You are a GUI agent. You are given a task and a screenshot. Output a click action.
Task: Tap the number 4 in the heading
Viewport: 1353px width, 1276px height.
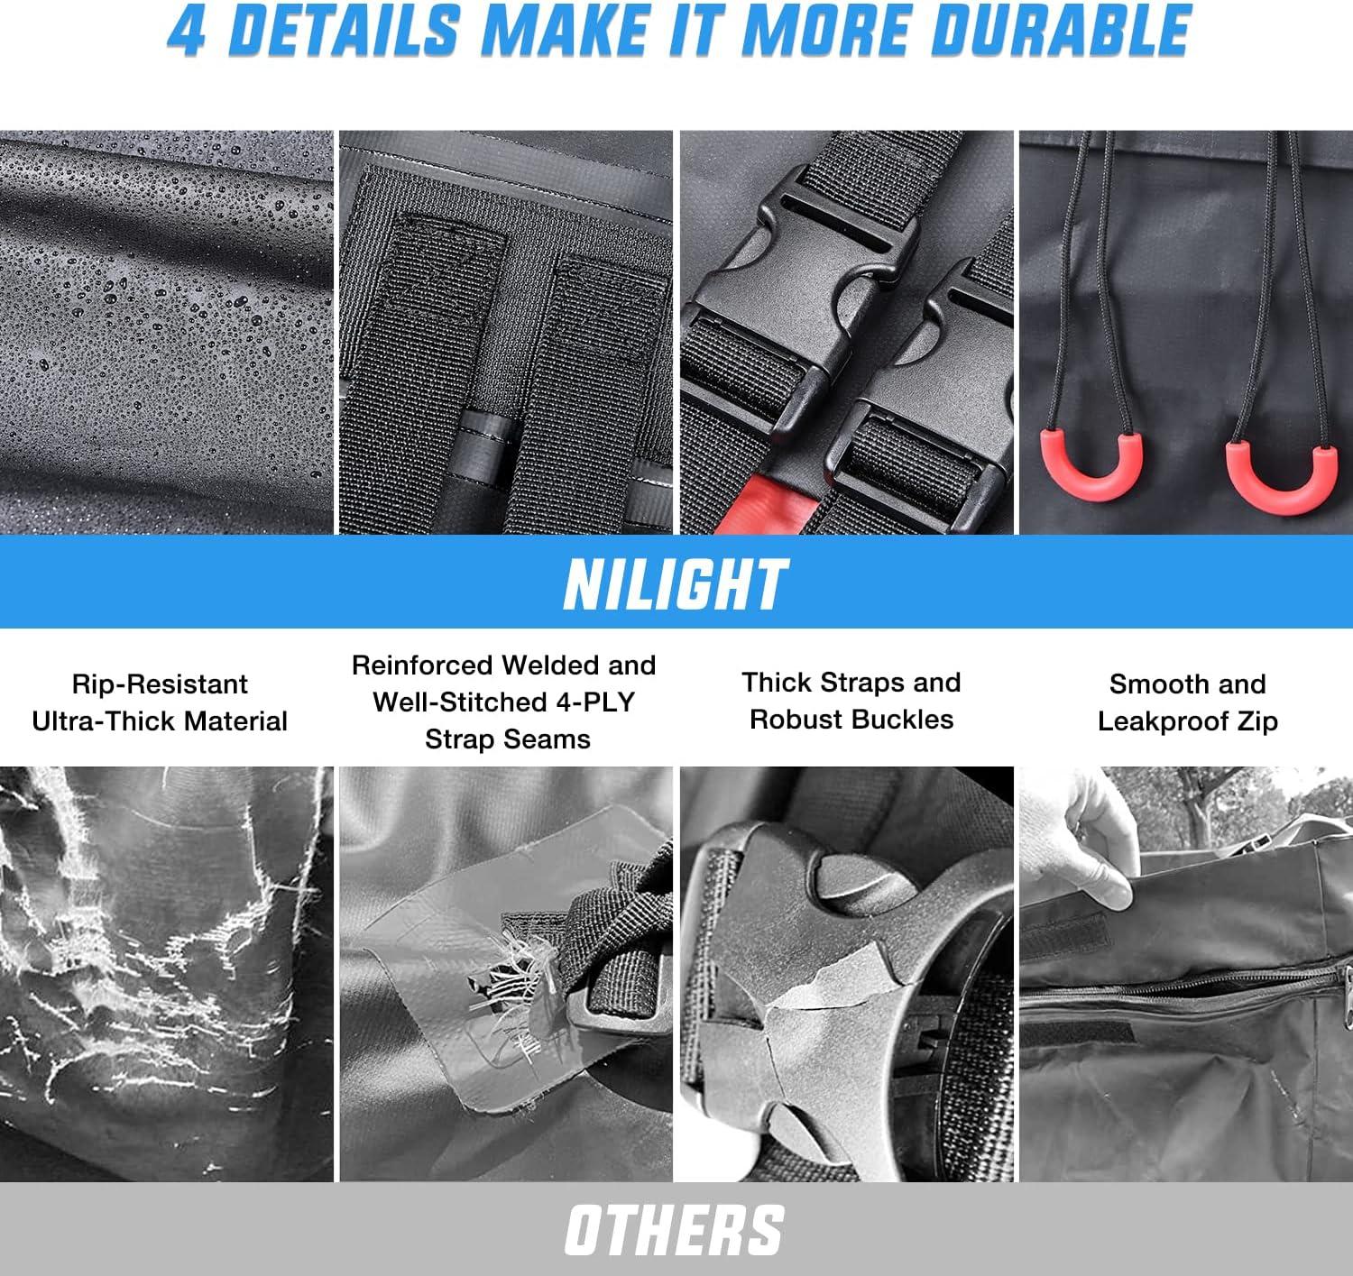[185, 31]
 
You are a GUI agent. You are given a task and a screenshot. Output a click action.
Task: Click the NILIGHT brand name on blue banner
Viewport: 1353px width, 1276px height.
[676, 583]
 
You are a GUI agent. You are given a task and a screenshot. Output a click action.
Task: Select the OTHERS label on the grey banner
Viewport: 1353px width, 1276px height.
[675, 1229]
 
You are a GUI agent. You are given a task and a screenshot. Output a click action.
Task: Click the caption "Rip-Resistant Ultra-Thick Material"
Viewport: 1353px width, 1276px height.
[160, 702]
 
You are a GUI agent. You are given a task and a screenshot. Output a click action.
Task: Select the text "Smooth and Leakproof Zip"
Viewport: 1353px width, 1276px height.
[1187, 702]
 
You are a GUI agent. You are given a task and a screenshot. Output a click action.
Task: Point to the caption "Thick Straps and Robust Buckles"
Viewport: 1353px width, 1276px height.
[851, 701]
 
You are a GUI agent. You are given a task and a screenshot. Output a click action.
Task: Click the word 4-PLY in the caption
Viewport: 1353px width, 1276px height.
[594, 702]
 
